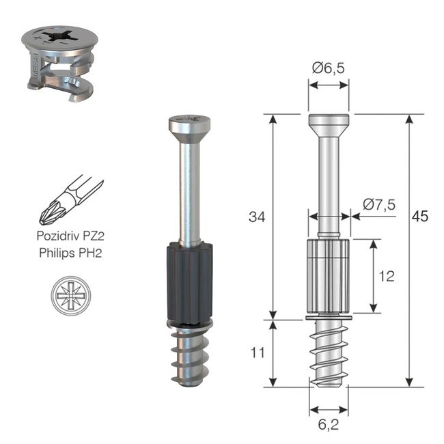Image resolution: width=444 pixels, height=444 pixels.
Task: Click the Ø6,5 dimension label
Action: [x=329, y=68]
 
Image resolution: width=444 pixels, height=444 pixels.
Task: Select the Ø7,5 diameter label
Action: [x=379, y=204]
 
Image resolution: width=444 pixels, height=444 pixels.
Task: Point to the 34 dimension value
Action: [x=256, y=217]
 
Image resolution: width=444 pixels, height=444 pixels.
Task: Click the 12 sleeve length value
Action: [x=387, y=276]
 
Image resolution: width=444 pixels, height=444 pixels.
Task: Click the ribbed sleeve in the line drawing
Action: [x=329, y=276]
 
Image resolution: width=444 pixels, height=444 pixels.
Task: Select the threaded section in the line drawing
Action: [x=329, y=352]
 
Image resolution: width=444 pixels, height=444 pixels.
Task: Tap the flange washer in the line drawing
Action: [x=329, y=318]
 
